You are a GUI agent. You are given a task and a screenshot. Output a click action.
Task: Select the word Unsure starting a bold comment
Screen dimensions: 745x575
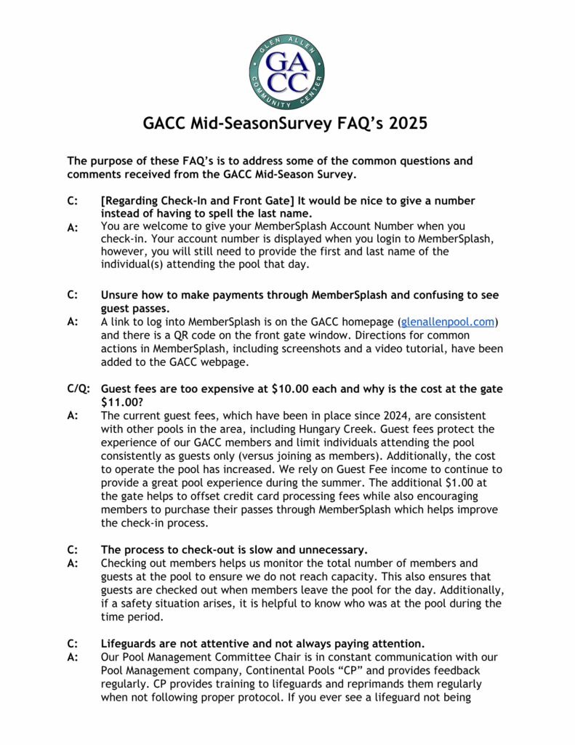[121, 295]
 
